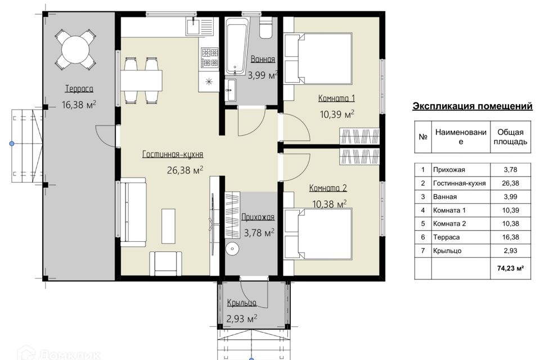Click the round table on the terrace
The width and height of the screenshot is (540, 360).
[75, 49]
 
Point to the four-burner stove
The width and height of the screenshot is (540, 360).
[210, 57]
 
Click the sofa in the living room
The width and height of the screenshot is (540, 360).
[133, 212]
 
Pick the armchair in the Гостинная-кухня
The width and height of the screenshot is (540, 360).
[165, 263]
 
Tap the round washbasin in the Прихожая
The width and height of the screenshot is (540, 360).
[233, 248]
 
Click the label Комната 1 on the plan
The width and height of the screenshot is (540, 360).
[336, 98]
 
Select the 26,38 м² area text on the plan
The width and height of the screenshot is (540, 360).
[185, 170]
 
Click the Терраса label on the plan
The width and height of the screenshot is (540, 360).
[79, 89]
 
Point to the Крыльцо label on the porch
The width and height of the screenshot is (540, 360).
[241, 303]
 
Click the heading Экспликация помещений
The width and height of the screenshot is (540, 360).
[472, 106]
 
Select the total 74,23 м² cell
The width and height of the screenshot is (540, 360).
[510, 268]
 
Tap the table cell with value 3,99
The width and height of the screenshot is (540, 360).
[510, 197]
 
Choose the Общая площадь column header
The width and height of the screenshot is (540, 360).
[510, 137]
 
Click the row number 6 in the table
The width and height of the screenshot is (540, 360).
[423, 237]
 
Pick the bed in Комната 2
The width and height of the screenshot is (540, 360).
[318, 233]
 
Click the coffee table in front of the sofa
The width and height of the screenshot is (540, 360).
[168, 226]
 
